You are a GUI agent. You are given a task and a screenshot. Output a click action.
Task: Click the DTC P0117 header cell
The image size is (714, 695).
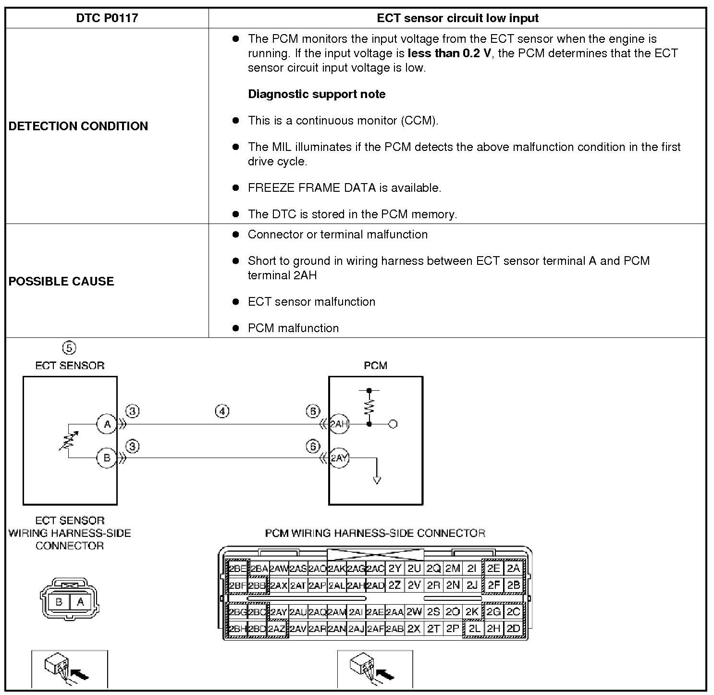coord(107,18)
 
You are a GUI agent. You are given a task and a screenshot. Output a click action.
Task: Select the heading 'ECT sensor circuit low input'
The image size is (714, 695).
coord(457,18)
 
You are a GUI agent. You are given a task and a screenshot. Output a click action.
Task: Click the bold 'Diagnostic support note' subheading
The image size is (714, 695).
coord(317,94)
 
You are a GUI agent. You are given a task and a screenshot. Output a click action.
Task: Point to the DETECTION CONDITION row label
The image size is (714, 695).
coord(78,126)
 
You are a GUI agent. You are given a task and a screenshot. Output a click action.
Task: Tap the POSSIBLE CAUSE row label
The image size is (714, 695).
coord(62,281)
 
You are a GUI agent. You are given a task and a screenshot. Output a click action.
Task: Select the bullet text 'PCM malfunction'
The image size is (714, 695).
coord(293,328)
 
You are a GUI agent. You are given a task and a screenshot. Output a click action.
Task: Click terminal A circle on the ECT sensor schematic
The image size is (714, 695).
coord(107,424)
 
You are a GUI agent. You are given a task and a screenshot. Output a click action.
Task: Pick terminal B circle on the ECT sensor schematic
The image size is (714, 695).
coord(107,458)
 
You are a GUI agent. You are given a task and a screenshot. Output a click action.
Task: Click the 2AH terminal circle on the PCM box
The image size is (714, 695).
coord(339,424)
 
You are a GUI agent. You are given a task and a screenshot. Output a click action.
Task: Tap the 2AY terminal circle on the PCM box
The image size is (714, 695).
coord(339,458)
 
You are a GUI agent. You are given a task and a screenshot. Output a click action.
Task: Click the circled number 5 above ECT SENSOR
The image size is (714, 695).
coord(69,347)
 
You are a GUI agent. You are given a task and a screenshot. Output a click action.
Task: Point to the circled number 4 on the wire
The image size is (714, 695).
coord(222,411)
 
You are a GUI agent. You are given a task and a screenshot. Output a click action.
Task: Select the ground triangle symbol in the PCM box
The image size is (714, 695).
coord(377,480)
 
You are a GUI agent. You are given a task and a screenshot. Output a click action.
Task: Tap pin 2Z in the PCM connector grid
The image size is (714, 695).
coord(394,585)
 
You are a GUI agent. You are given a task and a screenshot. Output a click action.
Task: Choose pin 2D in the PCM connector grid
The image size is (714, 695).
coord(513,628)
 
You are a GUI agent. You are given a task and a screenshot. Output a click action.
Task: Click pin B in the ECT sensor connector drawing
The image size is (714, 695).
coord(59,602)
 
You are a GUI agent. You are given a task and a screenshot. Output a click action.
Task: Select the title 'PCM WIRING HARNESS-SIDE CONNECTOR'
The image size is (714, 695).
coord(375,533)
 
